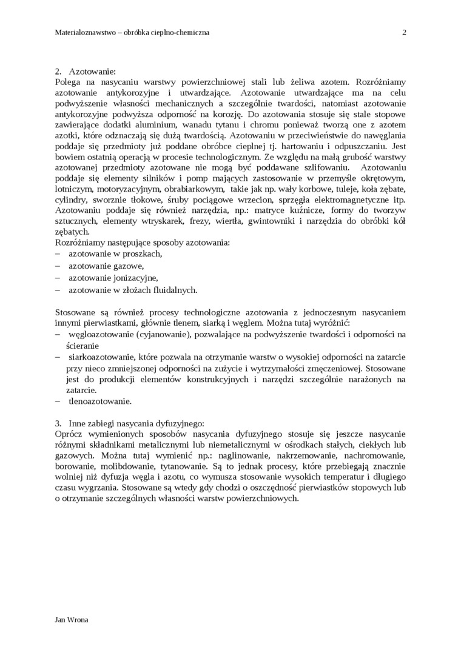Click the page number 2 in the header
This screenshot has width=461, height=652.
coord(404,33)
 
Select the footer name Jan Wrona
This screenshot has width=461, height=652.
coord(72,620)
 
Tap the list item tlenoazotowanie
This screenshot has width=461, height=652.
coord(99,401)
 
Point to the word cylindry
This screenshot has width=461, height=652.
coord(70,200)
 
